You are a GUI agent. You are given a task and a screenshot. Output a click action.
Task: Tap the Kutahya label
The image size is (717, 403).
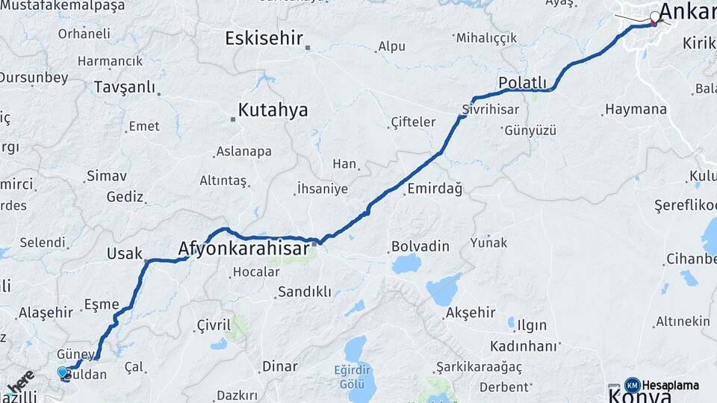(x=273, y=110)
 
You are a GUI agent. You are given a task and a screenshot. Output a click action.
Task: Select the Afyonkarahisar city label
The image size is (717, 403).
(x=243, y=249)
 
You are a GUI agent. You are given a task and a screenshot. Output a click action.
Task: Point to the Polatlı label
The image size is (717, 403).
(x=523, y=83)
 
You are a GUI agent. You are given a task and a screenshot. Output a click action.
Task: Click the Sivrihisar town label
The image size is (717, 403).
(x=490, y=110)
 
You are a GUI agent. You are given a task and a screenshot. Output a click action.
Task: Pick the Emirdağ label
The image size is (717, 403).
(x=435, y=190)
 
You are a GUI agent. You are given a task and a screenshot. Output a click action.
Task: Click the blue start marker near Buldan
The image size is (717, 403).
(x=63, y=372)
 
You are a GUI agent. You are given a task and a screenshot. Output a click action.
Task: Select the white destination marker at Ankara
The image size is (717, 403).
(x=656, y=16)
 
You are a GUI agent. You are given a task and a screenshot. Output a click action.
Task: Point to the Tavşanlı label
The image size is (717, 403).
(x=124, y=87)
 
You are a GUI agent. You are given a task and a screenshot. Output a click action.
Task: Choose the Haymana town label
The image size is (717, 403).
(x=636, y=110)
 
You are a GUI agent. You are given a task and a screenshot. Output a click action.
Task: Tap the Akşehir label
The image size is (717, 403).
(x=470, y=313)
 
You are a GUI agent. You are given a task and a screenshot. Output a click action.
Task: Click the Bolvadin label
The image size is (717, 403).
(x=420, y=246)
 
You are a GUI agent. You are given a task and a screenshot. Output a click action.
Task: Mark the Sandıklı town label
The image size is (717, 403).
(x=304, y=292)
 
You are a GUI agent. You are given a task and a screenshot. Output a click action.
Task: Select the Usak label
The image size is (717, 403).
(x=124, y=254)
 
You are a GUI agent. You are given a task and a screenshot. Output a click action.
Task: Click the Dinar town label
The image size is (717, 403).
(x=279, y=366)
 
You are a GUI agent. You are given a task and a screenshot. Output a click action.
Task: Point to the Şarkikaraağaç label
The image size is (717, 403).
(x=479, y=367)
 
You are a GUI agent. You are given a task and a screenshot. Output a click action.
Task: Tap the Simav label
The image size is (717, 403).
(x=107, y=176)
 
